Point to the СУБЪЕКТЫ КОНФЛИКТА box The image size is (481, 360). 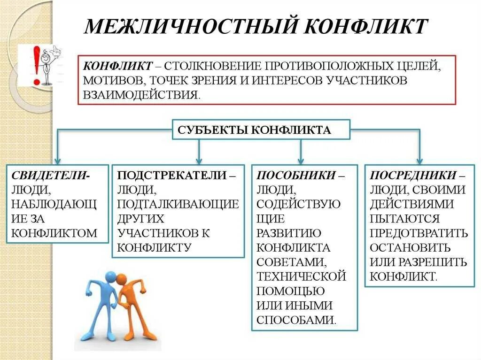pos(261,130)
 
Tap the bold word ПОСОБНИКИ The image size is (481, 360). pos(296,176)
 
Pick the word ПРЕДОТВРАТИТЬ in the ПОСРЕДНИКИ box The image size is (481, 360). pos(419,233)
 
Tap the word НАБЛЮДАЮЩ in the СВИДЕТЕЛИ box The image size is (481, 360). pos(54,204)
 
